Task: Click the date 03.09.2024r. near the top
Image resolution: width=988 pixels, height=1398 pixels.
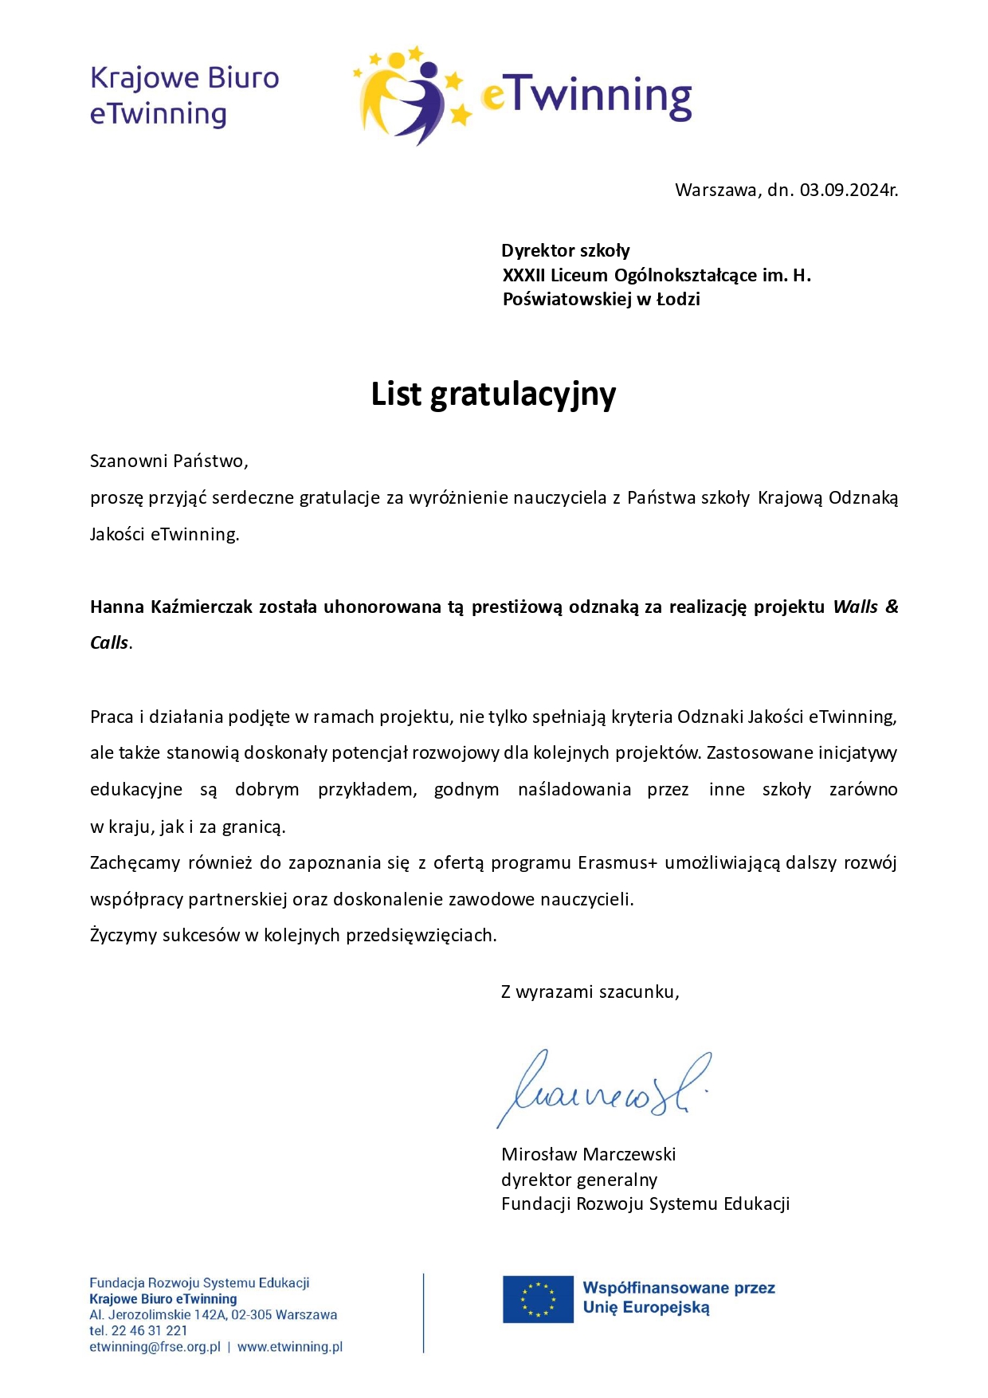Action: tap(849, 190)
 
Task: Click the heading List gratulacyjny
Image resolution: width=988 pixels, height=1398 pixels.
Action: tap(493, 395)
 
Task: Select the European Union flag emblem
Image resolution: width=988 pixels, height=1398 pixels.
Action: tap(538, 1298)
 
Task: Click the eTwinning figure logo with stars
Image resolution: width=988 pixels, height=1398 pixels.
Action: tap(411, 95)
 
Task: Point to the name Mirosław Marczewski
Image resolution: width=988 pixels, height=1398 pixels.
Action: tap(588, 1154)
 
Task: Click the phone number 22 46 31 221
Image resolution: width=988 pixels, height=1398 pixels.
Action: tap(149, 1330)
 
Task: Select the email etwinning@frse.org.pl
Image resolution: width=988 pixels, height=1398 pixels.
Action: tap(155, 1346)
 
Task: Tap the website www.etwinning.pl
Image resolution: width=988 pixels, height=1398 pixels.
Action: tap(290, 1346)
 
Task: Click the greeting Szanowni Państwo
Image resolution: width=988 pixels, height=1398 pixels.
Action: tap(168, 461)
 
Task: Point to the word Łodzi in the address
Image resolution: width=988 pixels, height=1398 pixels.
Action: tap(678, 299)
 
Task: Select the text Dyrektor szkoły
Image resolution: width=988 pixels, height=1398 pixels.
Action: tap(566, 251)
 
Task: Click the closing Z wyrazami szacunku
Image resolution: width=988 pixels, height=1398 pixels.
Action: tap(590, 992)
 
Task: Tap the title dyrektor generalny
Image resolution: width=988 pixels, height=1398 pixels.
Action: tap(579, 1180)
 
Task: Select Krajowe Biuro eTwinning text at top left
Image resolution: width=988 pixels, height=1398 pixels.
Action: tap(184, 96)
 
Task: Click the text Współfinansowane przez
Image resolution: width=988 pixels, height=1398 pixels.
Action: tap(679, 1288)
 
